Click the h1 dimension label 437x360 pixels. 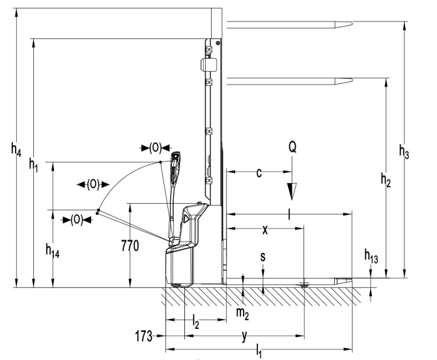(x=35, y=167)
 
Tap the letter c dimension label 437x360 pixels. (x=259, y=173)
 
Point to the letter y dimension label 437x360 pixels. (x=244, y=336)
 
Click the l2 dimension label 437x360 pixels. (x=196, y=321)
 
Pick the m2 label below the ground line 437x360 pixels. (x=242, y=313)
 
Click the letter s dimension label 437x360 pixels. (x=262, y=256)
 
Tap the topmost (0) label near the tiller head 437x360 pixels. (x=155, y=147)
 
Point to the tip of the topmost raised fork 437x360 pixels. (x=350, y=24)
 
